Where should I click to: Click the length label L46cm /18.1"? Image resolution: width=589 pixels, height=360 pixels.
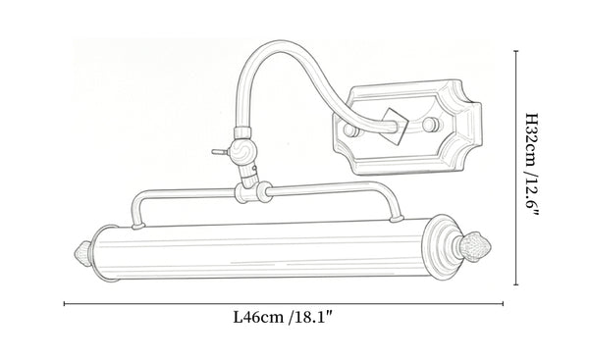click(284, 318)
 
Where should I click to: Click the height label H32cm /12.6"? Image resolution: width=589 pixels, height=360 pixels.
click(531, 167)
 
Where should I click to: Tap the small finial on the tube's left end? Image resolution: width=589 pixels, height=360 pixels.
click(83, 254)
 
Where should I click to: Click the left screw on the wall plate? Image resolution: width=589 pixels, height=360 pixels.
click(352, 129)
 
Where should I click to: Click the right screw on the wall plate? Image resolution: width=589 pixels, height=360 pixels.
click(431, 125)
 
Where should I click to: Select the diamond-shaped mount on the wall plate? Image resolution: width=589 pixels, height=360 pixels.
click(395, 127)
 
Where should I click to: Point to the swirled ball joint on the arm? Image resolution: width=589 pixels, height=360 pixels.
click(242, 151)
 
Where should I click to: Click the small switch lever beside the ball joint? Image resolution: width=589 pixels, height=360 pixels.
click(220, 152)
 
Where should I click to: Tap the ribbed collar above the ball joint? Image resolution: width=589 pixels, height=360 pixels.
click(242, 132)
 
